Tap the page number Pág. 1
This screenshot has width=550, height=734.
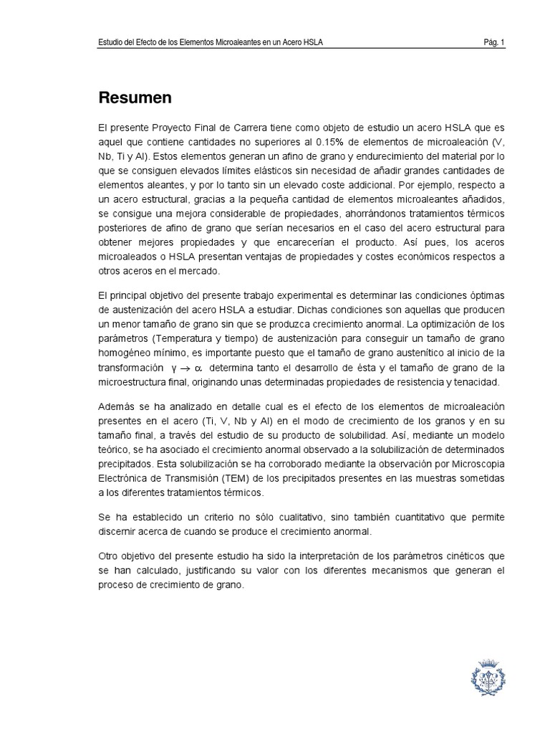(x=494, y=43)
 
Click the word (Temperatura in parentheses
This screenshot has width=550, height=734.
(x=180, y=338)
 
